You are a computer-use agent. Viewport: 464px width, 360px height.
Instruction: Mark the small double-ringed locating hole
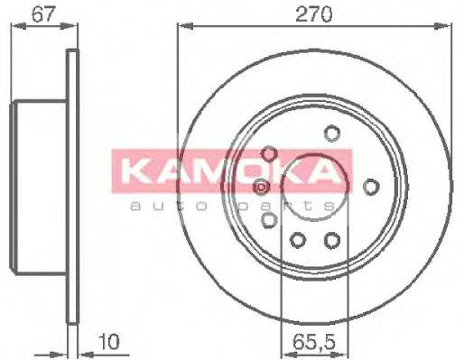(261, 187)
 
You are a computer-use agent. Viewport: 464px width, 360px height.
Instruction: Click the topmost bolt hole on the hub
(331, 134)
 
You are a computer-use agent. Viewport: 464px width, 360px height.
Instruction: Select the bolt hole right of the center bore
(370, 186)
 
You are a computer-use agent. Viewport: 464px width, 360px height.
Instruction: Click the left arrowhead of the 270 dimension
(181, 26)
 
